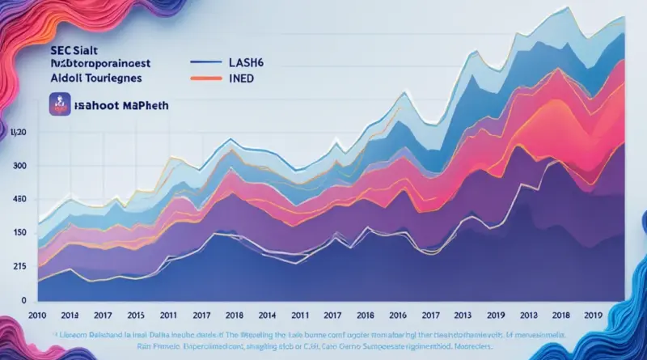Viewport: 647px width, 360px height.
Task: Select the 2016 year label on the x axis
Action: (x=396, y=315)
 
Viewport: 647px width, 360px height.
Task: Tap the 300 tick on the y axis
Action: (x=20, y=166)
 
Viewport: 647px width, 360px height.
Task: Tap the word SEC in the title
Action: (x=38, y=49)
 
